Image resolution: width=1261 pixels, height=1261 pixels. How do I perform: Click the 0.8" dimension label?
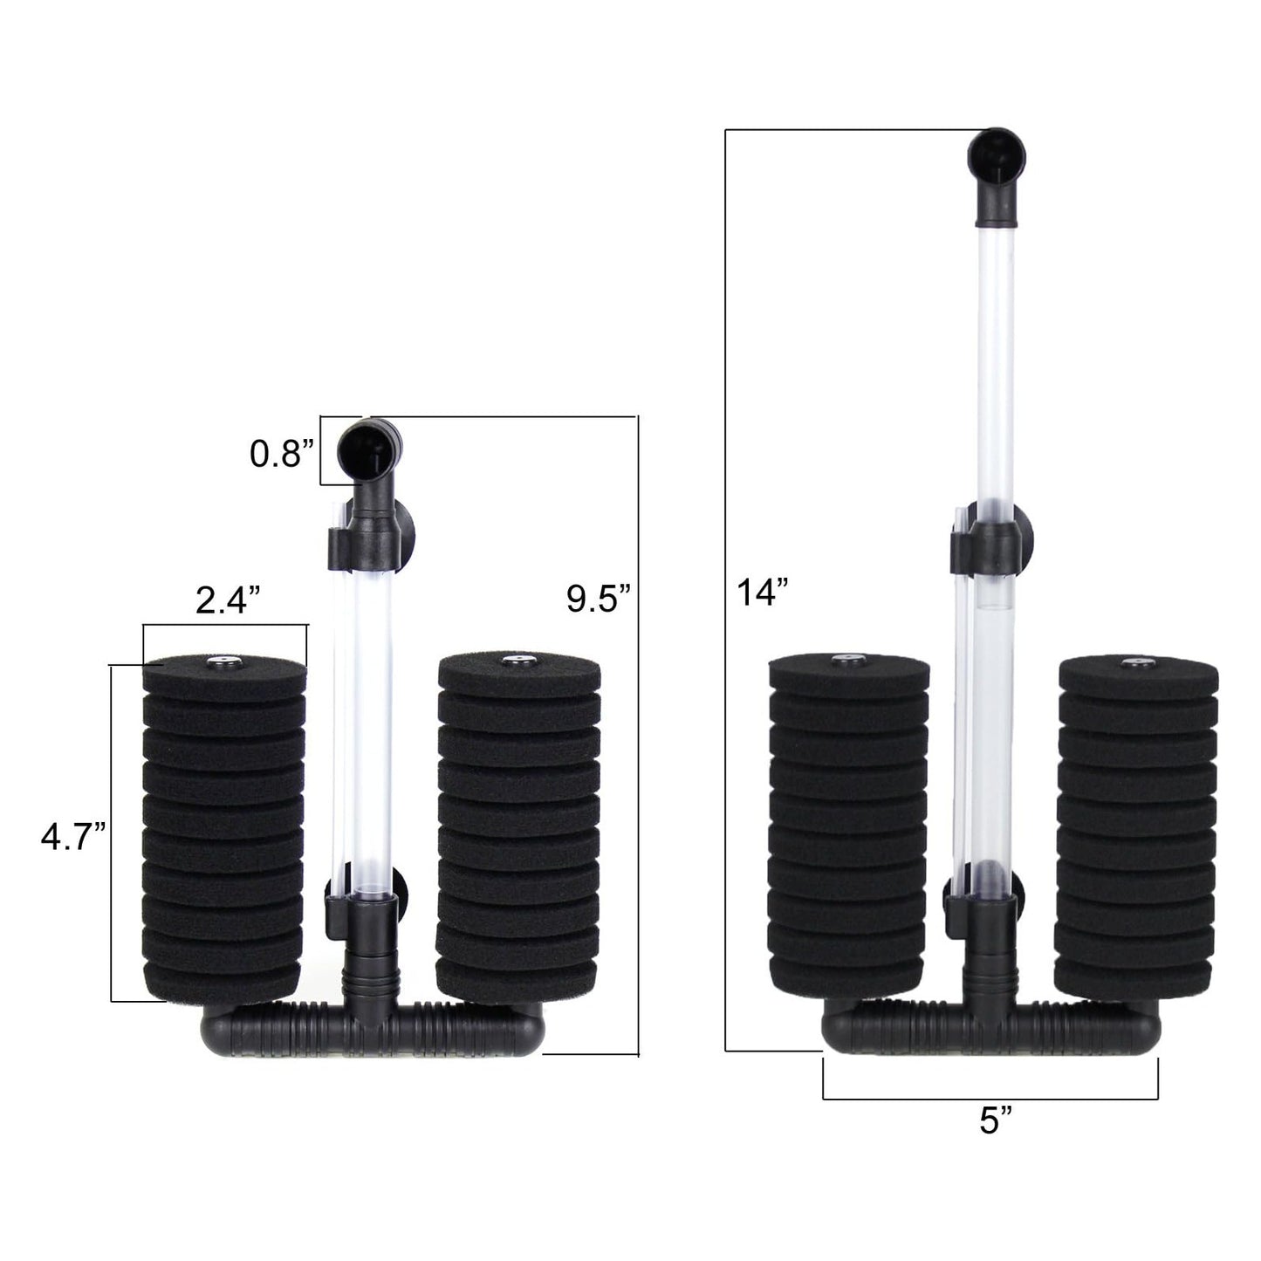coord(282,453)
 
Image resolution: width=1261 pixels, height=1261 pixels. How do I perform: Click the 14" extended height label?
coord(763,592)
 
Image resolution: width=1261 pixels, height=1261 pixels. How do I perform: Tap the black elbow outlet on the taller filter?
coord(996,175)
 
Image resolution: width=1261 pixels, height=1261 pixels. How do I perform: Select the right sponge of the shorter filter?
coord(518,828)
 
